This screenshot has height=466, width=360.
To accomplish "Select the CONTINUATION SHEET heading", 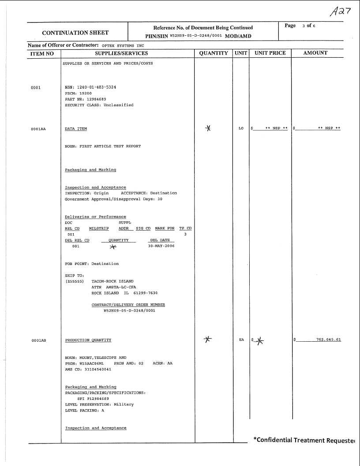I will (x=75, y=32).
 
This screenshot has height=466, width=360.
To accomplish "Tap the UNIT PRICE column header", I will (x=270, y=53).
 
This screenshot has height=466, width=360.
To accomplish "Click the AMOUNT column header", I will (x=315, y=53).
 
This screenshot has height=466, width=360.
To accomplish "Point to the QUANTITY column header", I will (x=214, y=53).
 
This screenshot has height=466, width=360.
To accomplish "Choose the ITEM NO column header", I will (x=42, y=53).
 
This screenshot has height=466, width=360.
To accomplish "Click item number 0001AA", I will (x=38, y=129).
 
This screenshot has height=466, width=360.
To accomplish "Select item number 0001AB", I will (x=38, y=340).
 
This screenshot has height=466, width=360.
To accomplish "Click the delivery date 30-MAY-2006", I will (x=161, y=246).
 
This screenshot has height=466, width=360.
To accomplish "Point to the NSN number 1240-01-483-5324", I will (x=97, y=87).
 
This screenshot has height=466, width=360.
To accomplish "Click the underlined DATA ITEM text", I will (x=76, y=129).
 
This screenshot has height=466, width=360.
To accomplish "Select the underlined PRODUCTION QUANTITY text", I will (x=88, y=340).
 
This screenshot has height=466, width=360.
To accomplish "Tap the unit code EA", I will (x=241, y=340).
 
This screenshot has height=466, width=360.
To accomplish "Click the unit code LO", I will (x=241, y=129).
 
